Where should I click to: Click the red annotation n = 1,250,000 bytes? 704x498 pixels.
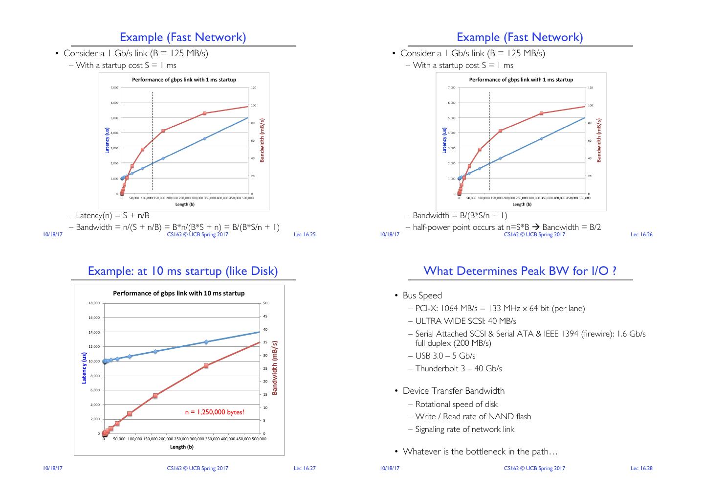pos(214,412)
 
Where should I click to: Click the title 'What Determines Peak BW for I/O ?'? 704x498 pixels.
pos(520,271)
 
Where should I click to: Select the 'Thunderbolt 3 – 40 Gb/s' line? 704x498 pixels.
pos(458,368)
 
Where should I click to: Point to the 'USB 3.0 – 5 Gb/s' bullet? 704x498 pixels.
pos(445,356)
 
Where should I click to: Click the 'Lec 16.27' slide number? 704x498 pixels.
pos(305,468)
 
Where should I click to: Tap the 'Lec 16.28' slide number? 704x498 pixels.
pos(641,468)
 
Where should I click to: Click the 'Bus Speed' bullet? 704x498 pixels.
pos(422,295)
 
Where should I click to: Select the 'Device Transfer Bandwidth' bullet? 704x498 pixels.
pos(453,391)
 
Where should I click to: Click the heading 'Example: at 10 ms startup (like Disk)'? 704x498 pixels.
pos(183,271)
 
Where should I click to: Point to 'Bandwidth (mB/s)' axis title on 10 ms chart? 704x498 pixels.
pos(275,368)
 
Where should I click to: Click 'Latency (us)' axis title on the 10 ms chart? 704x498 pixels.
pos(84,368)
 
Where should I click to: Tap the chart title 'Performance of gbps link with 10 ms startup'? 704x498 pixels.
pos(179,293)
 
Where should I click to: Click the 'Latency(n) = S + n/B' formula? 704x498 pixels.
pos(112,215)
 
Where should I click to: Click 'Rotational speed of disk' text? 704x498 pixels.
pos(456,404)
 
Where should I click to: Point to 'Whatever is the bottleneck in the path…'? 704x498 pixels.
pos(480,452)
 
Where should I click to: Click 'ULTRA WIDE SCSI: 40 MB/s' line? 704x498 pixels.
pos(465,321)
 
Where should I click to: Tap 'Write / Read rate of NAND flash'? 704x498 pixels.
pos(473,416)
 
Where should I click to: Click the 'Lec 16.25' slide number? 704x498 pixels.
pos(305,234)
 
